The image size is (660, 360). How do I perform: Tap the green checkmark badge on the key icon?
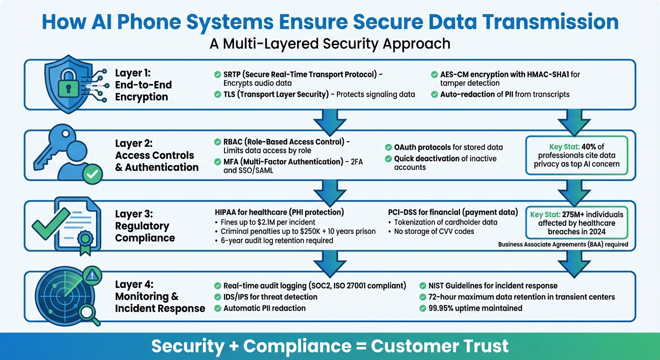point(92,174)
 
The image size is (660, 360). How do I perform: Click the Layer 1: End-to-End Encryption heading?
point(143,85)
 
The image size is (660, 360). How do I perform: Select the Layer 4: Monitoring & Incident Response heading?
point(160,296)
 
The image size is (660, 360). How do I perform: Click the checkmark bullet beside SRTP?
point(217,75)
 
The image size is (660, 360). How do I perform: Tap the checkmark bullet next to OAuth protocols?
point(388,147)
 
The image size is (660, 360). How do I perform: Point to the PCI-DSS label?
point(397,212)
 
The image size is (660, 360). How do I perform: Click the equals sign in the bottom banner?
point(359,346)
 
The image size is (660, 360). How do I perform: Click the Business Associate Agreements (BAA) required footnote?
point(563,244)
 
